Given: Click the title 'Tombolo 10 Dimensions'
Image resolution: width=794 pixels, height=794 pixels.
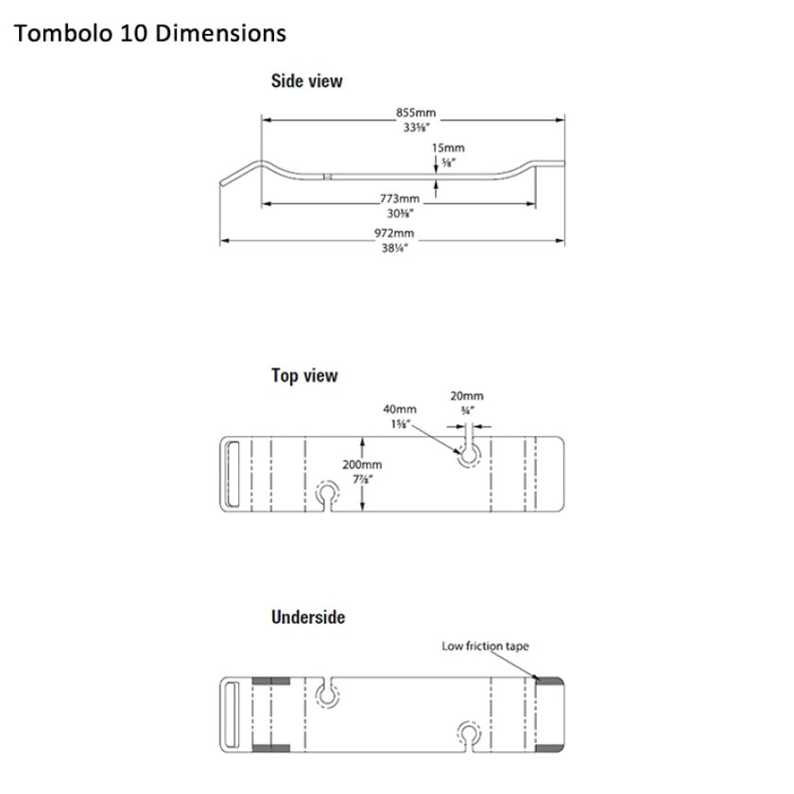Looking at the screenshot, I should pos(150,33).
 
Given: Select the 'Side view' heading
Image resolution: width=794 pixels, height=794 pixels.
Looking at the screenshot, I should pos(306,81).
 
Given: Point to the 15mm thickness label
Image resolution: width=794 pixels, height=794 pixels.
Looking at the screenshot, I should pos(447,147).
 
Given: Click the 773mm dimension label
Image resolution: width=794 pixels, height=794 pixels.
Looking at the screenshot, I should pos(399,198).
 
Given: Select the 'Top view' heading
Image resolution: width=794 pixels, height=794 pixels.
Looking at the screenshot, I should pos(303,376).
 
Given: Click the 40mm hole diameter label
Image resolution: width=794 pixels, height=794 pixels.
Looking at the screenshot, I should pos(397,409).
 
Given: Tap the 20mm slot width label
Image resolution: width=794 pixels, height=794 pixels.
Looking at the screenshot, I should pos(467,396).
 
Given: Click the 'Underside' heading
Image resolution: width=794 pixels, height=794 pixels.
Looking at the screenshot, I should pos(307,617).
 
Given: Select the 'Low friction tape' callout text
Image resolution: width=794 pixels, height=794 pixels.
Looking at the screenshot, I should pos(485,647).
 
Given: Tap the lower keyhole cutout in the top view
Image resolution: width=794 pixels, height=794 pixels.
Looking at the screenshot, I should pos(327,495).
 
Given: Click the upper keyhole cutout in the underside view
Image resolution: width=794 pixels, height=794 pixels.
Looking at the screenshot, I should pos(327,695).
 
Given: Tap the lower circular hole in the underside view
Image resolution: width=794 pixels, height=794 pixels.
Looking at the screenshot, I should pos(469,734).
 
